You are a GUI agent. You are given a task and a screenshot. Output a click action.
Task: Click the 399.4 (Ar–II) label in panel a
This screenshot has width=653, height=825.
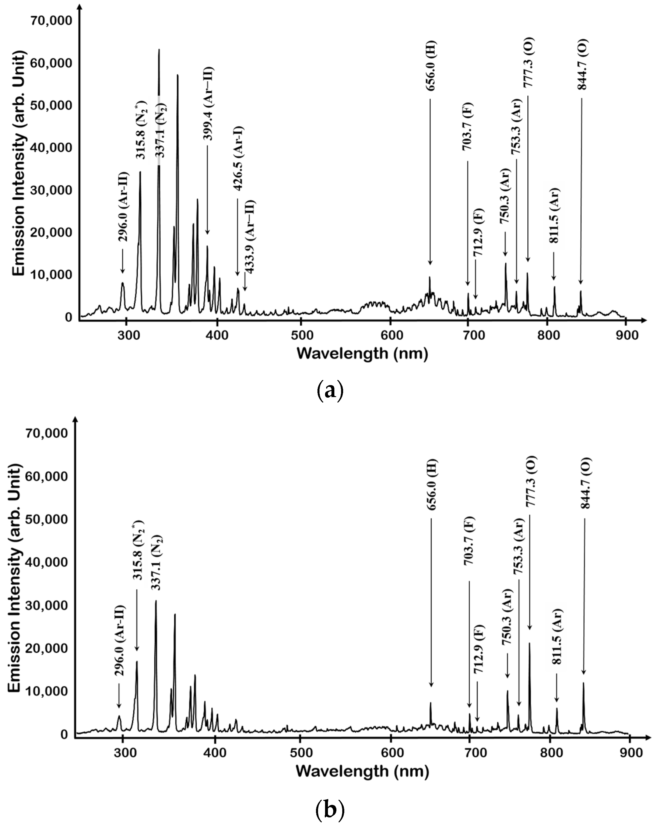[x=208, y=104]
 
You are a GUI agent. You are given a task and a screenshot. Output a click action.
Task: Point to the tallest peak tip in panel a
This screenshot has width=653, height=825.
[x=159, y=50]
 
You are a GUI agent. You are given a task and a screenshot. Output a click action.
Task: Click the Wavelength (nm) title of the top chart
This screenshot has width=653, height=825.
[x=362, y=353]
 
